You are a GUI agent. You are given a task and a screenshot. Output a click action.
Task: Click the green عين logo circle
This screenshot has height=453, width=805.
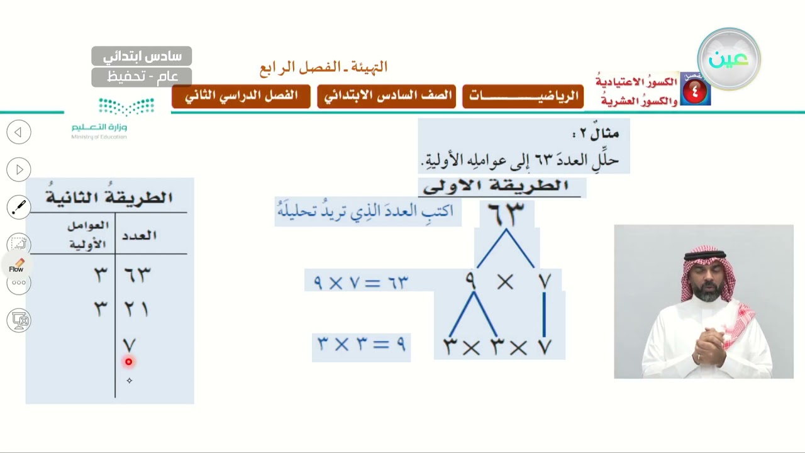[729, 59]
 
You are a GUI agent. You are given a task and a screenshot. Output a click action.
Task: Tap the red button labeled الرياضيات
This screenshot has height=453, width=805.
[523, 96]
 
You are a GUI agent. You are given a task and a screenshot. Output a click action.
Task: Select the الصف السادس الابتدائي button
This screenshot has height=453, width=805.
[386, 96]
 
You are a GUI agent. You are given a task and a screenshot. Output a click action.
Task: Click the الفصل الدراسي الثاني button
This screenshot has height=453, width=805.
[241, 96]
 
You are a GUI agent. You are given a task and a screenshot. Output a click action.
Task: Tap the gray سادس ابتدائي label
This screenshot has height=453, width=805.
[142, 56]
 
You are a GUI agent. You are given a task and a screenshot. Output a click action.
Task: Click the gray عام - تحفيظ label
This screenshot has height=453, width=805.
[142, 77]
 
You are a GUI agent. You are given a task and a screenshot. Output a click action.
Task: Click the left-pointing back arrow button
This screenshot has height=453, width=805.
[19, 132]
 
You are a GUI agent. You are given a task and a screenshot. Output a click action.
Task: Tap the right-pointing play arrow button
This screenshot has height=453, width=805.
[19, 169]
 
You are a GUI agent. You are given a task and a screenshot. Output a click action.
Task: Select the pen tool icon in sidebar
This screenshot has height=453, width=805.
[19, 207]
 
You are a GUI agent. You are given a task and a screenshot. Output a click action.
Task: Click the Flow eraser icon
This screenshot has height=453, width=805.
[16, 266]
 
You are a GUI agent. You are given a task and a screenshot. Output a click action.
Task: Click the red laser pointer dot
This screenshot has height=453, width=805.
[129, 362]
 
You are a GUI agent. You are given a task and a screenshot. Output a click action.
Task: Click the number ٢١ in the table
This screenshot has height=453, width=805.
[136, 309]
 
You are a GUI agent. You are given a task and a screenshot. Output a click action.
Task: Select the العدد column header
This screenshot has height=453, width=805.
[140, 236]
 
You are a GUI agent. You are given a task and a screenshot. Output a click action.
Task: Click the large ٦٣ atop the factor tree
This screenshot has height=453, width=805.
[506, 214]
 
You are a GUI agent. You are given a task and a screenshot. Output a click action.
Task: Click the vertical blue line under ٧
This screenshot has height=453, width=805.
[545, 315]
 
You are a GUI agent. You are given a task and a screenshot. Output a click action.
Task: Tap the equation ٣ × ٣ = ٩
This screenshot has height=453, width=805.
[362, 344]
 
